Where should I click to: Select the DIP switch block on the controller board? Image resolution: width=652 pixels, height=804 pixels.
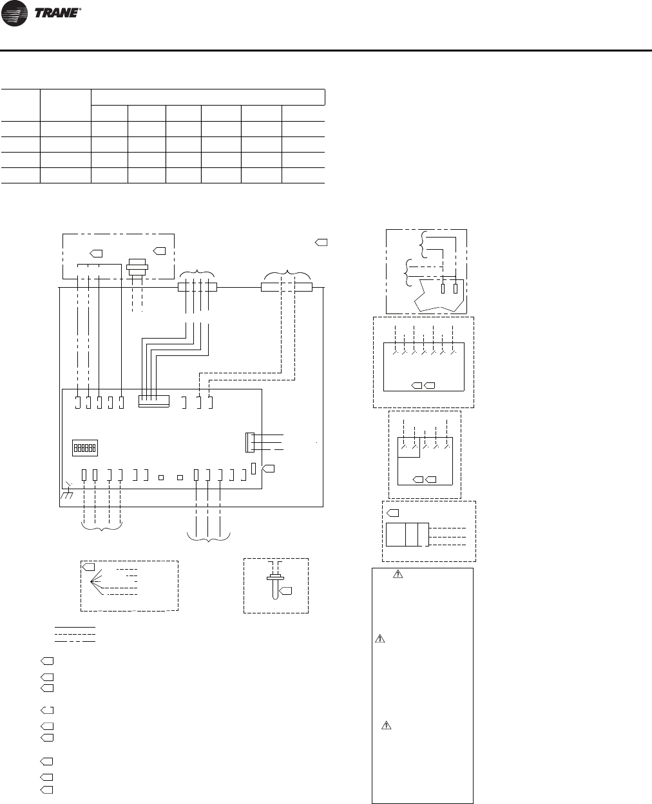click(x=84, y=447)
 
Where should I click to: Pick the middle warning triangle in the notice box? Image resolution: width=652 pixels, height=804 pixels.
click(x=380, y=639)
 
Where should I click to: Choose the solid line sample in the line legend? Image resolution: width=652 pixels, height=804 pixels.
click(x=75, y=626)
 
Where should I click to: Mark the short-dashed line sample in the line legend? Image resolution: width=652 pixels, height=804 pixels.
click(x=75, y=633)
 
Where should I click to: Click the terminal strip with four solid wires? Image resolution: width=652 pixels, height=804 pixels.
click(x=197, y=286)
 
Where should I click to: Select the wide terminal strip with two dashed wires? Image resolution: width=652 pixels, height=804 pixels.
click(x=286, y=286)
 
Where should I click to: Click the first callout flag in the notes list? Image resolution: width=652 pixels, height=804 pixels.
click(x=46, y=661)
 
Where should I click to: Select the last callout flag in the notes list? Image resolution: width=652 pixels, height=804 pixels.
click(x=46, y=789)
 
